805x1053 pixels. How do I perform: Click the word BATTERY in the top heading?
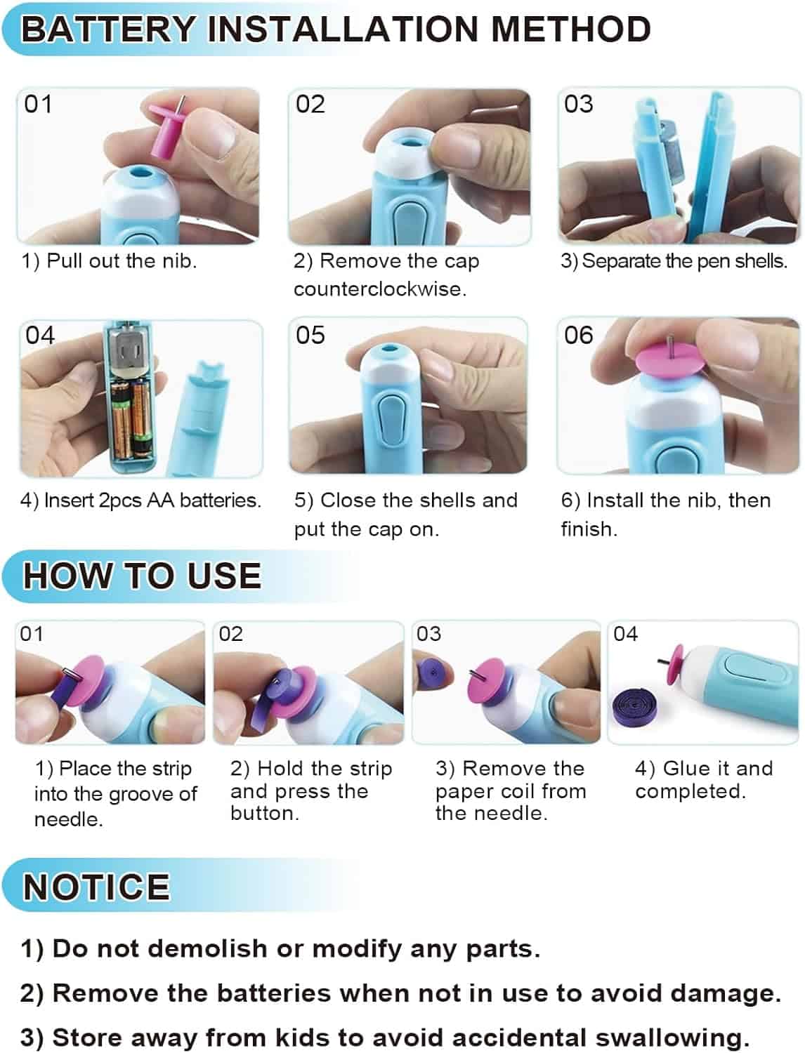pyautogui.click(x=108, y=29)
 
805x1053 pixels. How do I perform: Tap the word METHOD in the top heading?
pyautogui.click(x=571, y=29)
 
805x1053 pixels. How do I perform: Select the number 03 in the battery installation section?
pyautogui.click(x=578, y=104)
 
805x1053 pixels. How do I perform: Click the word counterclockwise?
pyautogui.click(x=379, y=289)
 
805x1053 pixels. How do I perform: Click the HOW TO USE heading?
pyautogui.click(x=142, y=576)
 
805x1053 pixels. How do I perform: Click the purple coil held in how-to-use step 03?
pyautogui.click(x=431, y=672)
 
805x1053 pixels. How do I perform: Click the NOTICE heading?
pyautogui.click(x=96, y=887)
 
